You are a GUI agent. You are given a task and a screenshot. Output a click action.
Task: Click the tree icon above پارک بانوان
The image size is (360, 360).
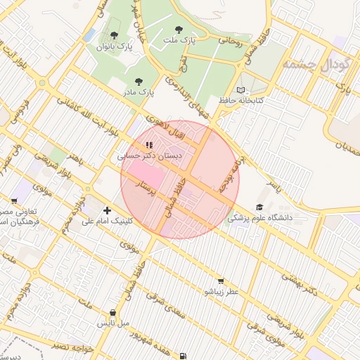tap(114, 35)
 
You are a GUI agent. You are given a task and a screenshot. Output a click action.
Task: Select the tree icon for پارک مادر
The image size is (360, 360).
tap(138, 82)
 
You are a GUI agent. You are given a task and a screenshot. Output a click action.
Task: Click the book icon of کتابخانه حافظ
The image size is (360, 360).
tap(241, 91)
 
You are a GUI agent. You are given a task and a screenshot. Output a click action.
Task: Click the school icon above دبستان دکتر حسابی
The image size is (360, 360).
tap(149, 145)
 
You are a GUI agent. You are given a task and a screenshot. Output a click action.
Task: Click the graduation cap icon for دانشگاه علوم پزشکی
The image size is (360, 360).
tap(259, 207)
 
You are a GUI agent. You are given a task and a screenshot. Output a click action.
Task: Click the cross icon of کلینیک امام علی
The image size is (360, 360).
tap(107, 210)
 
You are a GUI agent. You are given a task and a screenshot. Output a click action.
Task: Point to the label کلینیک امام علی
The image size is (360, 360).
tap(107, 221)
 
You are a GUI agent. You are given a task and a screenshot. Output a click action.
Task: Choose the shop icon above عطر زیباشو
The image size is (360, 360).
tap(221, 281)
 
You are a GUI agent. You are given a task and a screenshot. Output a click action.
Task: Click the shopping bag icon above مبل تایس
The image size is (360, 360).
tap(113, 312)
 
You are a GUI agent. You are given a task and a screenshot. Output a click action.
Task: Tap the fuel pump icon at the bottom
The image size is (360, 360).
tap(184, 356)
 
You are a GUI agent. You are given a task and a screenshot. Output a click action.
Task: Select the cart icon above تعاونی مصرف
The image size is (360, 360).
tap(14, 201)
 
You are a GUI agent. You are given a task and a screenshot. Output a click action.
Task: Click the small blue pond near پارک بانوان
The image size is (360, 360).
tap(89, 34)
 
